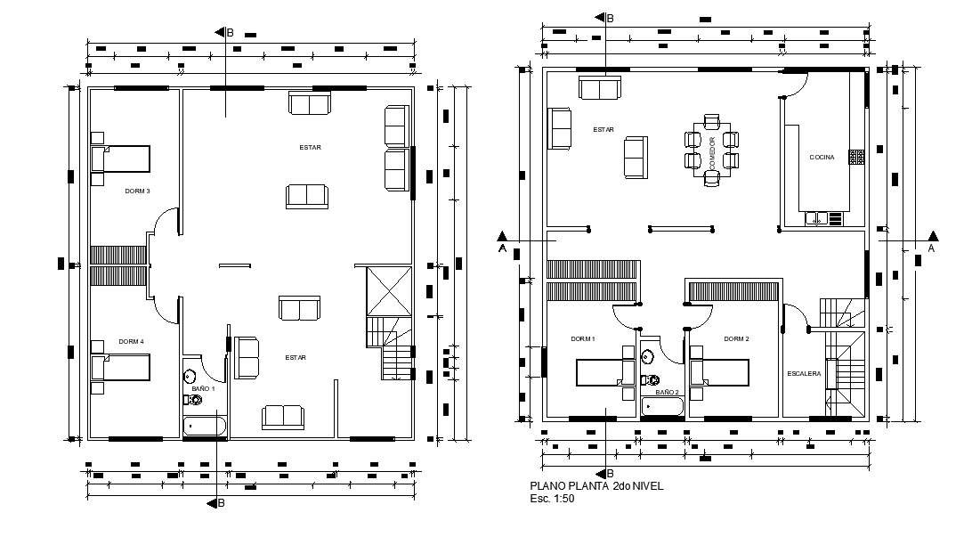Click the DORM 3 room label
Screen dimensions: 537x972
(137, 191)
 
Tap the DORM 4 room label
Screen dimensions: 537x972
(131, 341)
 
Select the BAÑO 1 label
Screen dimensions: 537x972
(204, 389)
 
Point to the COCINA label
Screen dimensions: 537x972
(822, 158)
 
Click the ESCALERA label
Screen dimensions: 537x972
(804, 373)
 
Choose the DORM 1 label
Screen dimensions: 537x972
(583, 339)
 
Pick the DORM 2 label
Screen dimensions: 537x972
(736, 339)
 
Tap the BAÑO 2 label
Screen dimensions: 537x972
(667, 392)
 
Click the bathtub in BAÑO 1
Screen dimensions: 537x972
(205, 427)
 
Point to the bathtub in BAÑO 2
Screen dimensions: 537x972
(663, 407)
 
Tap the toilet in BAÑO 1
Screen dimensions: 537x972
(190, 376)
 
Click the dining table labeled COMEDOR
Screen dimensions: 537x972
(711, 151)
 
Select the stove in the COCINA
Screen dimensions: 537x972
(856, 158)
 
